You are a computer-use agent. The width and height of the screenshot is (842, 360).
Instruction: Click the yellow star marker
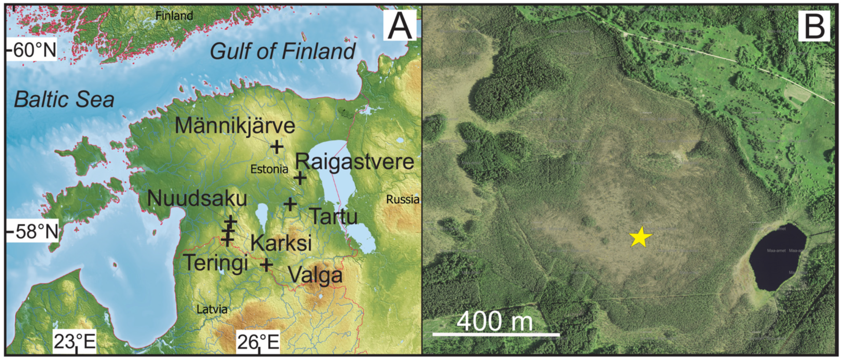click(640, 237)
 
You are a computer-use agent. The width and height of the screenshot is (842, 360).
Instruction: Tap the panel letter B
click(814, 25)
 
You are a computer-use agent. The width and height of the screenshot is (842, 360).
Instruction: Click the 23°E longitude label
click(75, 342)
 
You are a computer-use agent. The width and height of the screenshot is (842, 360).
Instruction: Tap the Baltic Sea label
click(64, 100)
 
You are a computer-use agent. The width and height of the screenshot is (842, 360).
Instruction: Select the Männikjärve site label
click(235, 126)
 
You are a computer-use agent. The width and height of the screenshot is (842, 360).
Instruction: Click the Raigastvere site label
click(355, 162)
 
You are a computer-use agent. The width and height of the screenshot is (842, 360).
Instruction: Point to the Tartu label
click(333, 216)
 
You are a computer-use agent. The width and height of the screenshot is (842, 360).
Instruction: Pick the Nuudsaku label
click(197, 198)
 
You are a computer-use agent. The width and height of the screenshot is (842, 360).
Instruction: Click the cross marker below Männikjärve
click(277, 147)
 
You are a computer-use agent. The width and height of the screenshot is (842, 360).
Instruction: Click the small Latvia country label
click(212, 309)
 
